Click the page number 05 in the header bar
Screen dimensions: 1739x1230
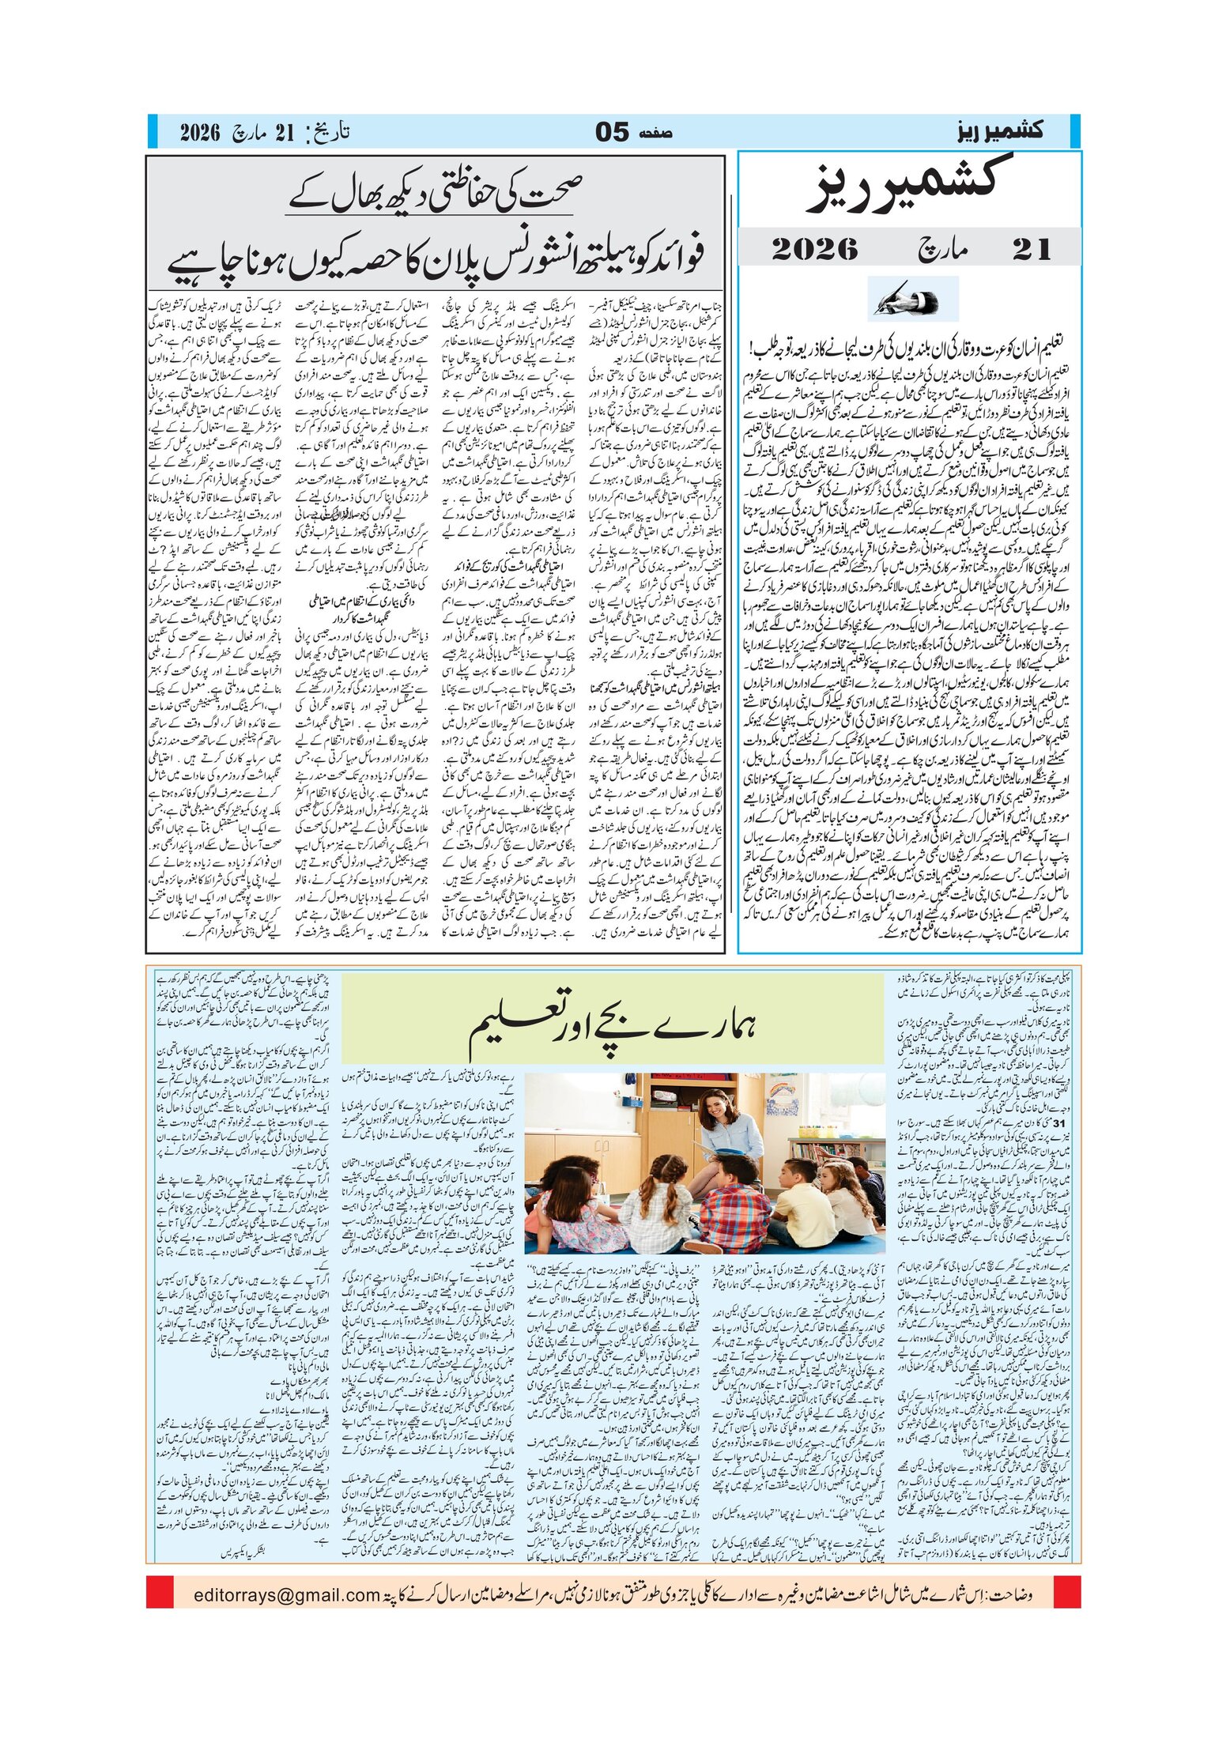point(612,132)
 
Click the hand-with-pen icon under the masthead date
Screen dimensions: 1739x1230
point(912,300)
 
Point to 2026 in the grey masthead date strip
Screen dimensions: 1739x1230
point(814,250)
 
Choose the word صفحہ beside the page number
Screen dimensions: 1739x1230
point(655,134)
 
